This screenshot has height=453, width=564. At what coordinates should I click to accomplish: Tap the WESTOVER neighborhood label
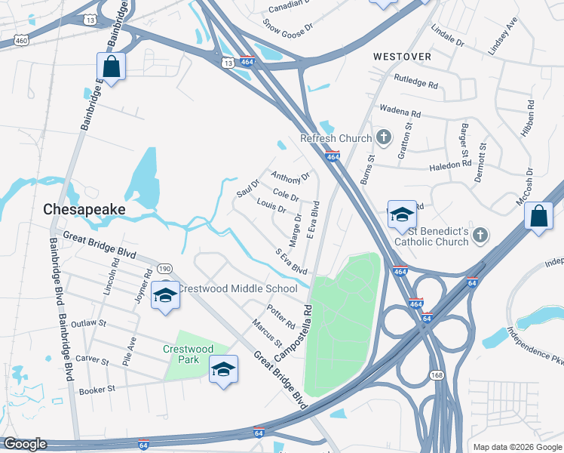coord(403,57)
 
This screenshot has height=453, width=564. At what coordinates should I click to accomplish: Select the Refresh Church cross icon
coord(384,138)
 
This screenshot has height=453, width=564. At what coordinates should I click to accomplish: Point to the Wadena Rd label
coord(400,110)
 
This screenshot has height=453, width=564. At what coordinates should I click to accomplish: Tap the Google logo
coord(25,444)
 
